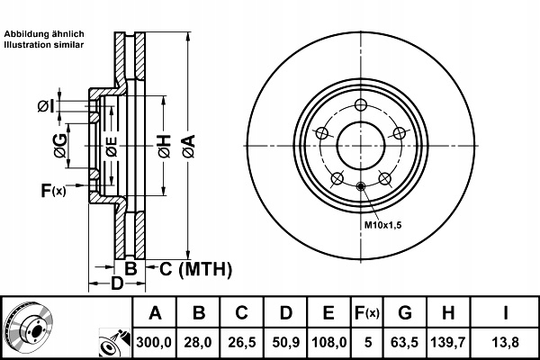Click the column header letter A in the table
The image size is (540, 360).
[155, 313]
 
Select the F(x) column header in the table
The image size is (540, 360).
[366, 313]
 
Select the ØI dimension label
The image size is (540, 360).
[46, 107]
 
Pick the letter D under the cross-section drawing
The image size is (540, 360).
[116, 285]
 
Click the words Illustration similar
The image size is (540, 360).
[45, 42]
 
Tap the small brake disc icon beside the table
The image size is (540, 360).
[27, 326]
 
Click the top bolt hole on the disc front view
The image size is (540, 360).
[360, 103]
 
